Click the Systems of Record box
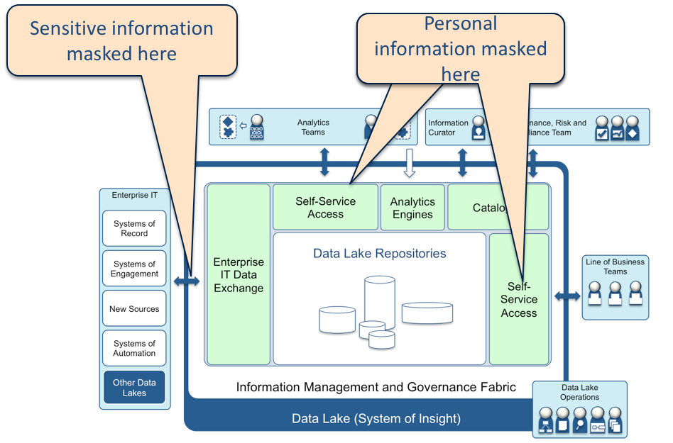click(134, 228)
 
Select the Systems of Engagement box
click(134, 269)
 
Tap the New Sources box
click(134, 309)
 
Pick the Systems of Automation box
click(134, 348)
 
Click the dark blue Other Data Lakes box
click(134, 388)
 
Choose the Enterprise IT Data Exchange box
click(239, 274)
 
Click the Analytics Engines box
click(412, 208)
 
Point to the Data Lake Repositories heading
click(380, 253)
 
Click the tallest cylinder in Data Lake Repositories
click(379, 301)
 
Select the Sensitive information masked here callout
click(121, 40)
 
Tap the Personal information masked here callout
click(460, 49)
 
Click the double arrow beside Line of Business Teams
click(567, 295)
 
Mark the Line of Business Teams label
click(615, 267)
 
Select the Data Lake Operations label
click(580, 393)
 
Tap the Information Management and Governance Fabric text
click(376, 387)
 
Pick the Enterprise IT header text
click(135, 195)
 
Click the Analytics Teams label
click(313, 128)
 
